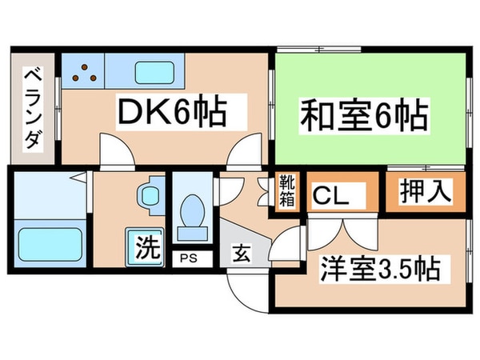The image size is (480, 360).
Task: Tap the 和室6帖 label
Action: point(363,116)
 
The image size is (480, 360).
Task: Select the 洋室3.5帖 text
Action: point(380,269)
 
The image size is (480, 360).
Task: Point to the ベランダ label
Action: point(33,109)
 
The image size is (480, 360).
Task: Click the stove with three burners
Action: point(82,71)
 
